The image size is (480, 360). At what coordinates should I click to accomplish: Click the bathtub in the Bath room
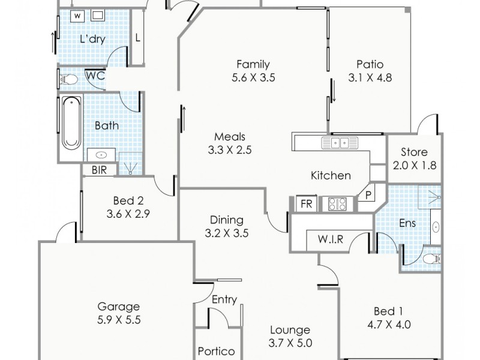tap(71, 122)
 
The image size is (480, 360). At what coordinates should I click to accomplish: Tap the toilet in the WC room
tap(69, 79)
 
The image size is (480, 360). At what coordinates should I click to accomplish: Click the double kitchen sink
tap(340, 143)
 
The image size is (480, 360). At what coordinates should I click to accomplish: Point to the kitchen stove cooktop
tap(336, 204)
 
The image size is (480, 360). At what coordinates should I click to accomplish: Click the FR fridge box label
tap(307, 204)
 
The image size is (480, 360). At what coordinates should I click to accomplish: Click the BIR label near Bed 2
tap(99, 170)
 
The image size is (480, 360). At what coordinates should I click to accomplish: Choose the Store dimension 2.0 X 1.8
tap(414, 165)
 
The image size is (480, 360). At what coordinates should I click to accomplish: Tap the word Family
tap(253, 64)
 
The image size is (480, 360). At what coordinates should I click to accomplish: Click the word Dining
tap(226, 220)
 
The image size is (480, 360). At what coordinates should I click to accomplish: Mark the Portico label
tap(216, 352)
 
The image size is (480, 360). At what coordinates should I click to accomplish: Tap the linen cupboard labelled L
tap(137, 38)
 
